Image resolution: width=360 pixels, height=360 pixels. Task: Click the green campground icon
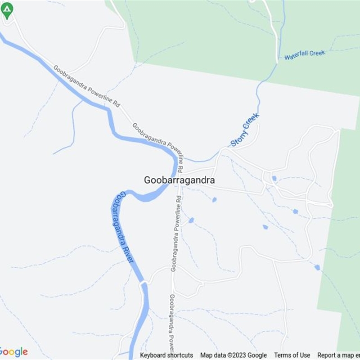coord(7,10)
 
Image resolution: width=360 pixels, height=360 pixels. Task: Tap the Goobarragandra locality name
coord(179,180)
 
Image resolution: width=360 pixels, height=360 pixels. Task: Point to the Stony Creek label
coord(245,130)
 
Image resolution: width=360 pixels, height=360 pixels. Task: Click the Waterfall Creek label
coord(304,55)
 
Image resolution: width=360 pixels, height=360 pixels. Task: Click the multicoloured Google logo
coord(13,352)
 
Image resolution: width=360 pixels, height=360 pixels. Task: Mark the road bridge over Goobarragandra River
coord(144,283)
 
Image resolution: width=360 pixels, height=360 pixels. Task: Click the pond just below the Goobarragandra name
coord(214,199)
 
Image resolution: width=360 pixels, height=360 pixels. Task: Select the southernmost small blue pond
coord(317,267)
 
